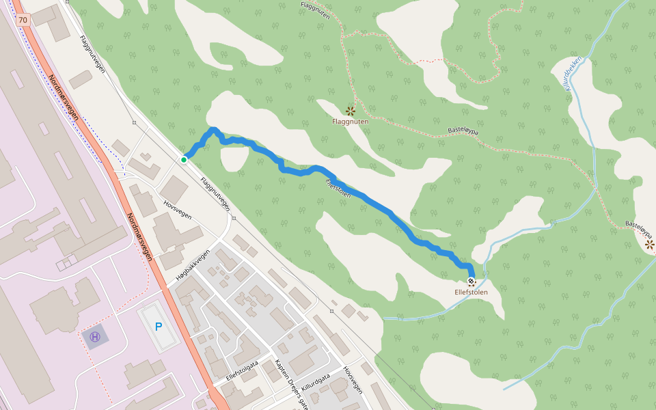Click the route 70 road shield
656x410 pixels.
(24, 20)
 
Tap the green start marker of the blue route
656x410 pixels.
(184, 160)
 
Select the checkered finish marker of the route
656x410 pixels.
(471, 282)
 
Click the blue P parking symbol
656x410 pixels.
(159, 327)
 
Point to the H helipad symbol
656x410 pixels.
(95, 336)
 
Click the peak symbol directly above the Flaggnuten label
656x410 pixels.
(351, 111)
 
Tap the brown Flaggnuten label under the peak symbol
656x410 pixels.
(350, 122)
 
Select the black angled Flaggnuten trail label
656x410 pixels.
(315, 10)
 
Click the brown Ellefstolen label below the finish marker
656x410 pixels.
(471, 292)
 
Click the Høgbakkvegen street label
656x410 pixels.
(192, 264)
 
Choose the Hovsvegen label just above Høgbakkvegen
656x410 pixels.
(178, 209)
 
